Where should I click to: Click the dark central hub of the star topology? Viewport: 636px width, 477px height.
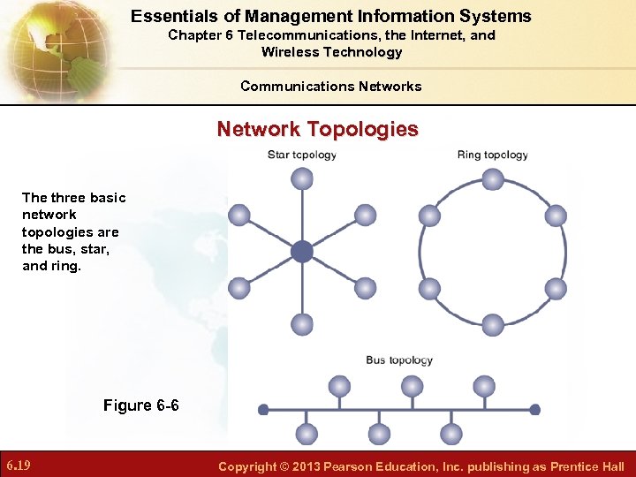pos(302,252)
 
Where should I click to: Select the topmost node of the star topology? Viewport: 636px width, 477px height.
pos(302,179)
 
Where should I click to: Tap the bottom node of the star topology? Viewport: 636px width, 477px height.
pos(302,324)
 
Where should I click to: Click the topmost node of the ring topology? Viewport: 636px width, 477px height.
pos(493,179)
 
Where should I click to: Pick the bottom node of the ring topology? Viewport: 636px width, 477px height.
pos(493,324)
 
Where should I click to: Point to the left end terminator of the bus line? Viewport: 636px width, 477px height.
pos(262,410)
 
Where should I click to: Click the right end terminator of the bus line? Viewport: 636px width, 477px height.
pos(534,410)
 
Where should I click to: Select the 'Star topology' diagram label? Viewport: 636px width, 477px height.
pos(302,155)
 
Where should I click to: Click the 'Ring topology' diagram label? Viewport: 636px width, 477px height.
pos(492,155)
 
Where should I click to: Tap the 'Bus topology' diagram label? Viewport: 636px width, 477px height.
pos(399,360)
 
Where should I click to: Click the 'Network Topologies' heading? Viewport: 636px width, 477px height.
pos(318,129)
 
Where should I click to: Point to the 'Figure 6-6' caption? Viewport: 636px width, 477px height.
pos(140,405)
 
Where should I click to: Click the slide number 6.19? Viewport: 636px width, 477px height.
pos(19,466)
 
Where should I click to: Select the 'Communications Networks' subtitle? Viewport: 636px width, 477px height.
pos(330,86)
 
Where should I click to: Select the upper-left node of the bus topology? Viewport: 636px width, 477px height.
pos(339,386)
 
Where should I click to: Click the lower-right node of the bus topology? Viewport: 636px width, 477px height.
pos(451,434)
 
